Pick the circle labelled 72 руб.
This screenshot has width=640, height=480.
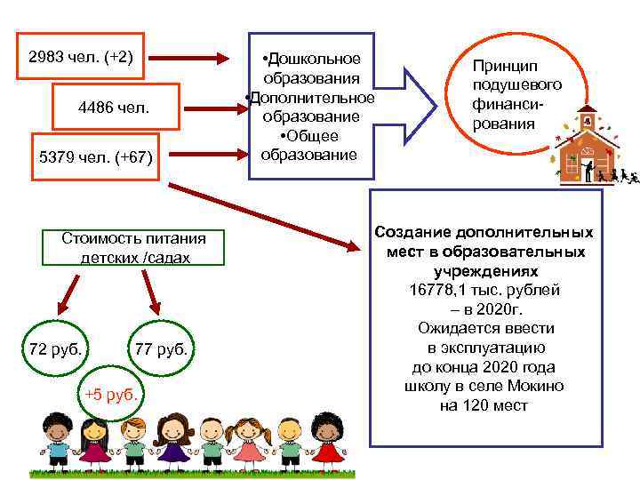pyautogui.click(x=57, y=348)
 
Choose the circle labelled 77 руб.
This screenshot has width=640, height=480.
pyautogui.click(x=161, y=348)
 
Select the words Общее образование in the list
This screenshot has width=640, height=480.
pyautogui.click(x=309, y=145)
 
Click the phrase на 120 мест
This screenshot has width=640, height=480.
pyautogui.click(x=484, y=406)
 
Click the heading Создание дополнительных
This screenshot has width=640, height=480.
pyautogui.click(x=484, y=232)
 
